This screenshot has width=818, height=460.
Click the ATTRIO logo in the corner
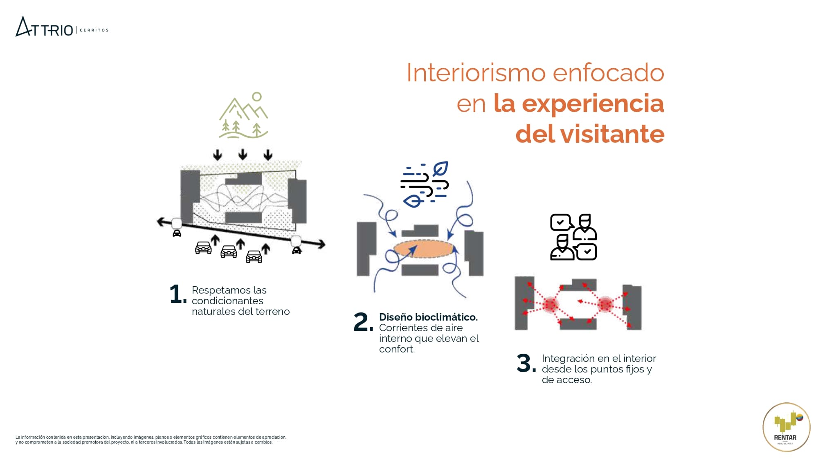(x=44, y=27)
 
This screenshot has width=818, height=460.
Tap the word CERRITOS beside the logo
(x=94, y=30)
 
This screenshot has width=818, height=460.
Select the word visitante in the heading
(x=612, y=134)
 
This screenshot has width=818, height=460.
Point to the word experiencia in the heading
(x=593, y=104)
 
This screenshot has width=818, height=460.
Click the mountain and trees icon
(x=244, y=115)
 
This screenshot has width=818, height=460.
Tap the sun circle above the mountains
(x=257, y=96)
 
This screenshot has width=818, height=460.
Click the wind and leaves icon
(x=425, y=184)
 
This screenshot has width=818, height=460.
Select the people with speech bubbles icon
(x=573, y=237)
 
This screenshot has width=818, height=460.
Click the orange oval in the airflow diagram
(x=424, y=249)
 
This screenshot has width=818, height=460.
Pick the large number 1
(x=178, y=294)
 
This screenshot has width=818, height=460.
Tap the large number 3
(x=526, y=363)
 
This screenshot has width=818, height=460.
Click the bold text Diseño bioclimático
(x=428, y=317)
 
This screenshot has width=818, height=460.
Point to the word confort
(x=397, y=349)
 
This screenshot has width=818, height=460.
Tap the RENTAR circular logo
(x=786, y=427)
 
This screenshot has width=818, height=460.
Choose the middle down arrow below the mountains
(x=243, y=155)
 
